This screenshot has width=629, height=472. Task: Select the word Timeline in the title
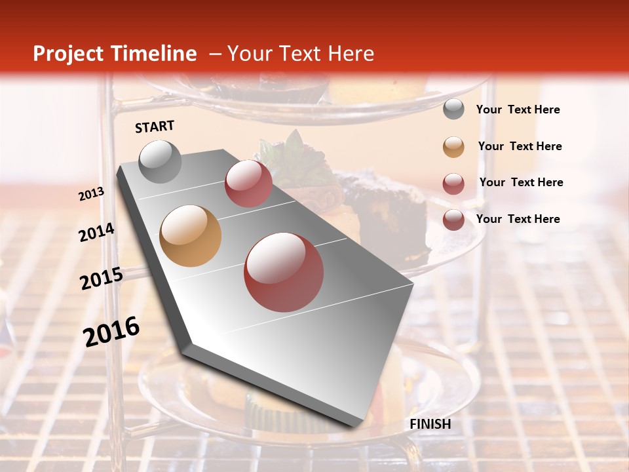coord(154,54)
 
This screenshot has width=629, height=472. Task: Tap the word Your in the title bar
coord(250,54)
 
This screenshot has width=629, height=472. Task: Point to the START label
coord(155,127)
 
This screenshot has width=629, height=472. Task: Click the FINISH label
coord(430,424)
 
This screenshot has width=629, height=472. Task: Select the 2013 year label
coord(91,194)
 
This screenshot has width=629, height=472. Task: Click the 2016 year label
coord(111,332)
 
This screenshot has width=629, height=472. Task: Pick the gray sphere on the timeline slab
coord(160,161)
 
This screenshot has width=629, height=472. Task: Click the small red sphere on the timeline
coord(248,183)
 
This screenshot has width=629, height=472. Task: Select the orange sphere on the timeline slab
coord(191,236)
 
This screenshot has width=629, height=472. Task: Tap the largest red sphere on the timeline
coord(283,272)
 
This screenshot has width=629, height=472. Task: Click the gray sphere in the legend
coord(453,109)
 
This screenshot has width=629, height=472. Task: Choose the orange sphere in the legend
coord(453,147)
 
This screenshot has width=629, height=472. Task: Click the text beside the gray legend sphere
coord(518,109)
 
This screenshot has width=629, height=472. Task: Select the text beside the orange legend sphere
coord(520,146)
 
